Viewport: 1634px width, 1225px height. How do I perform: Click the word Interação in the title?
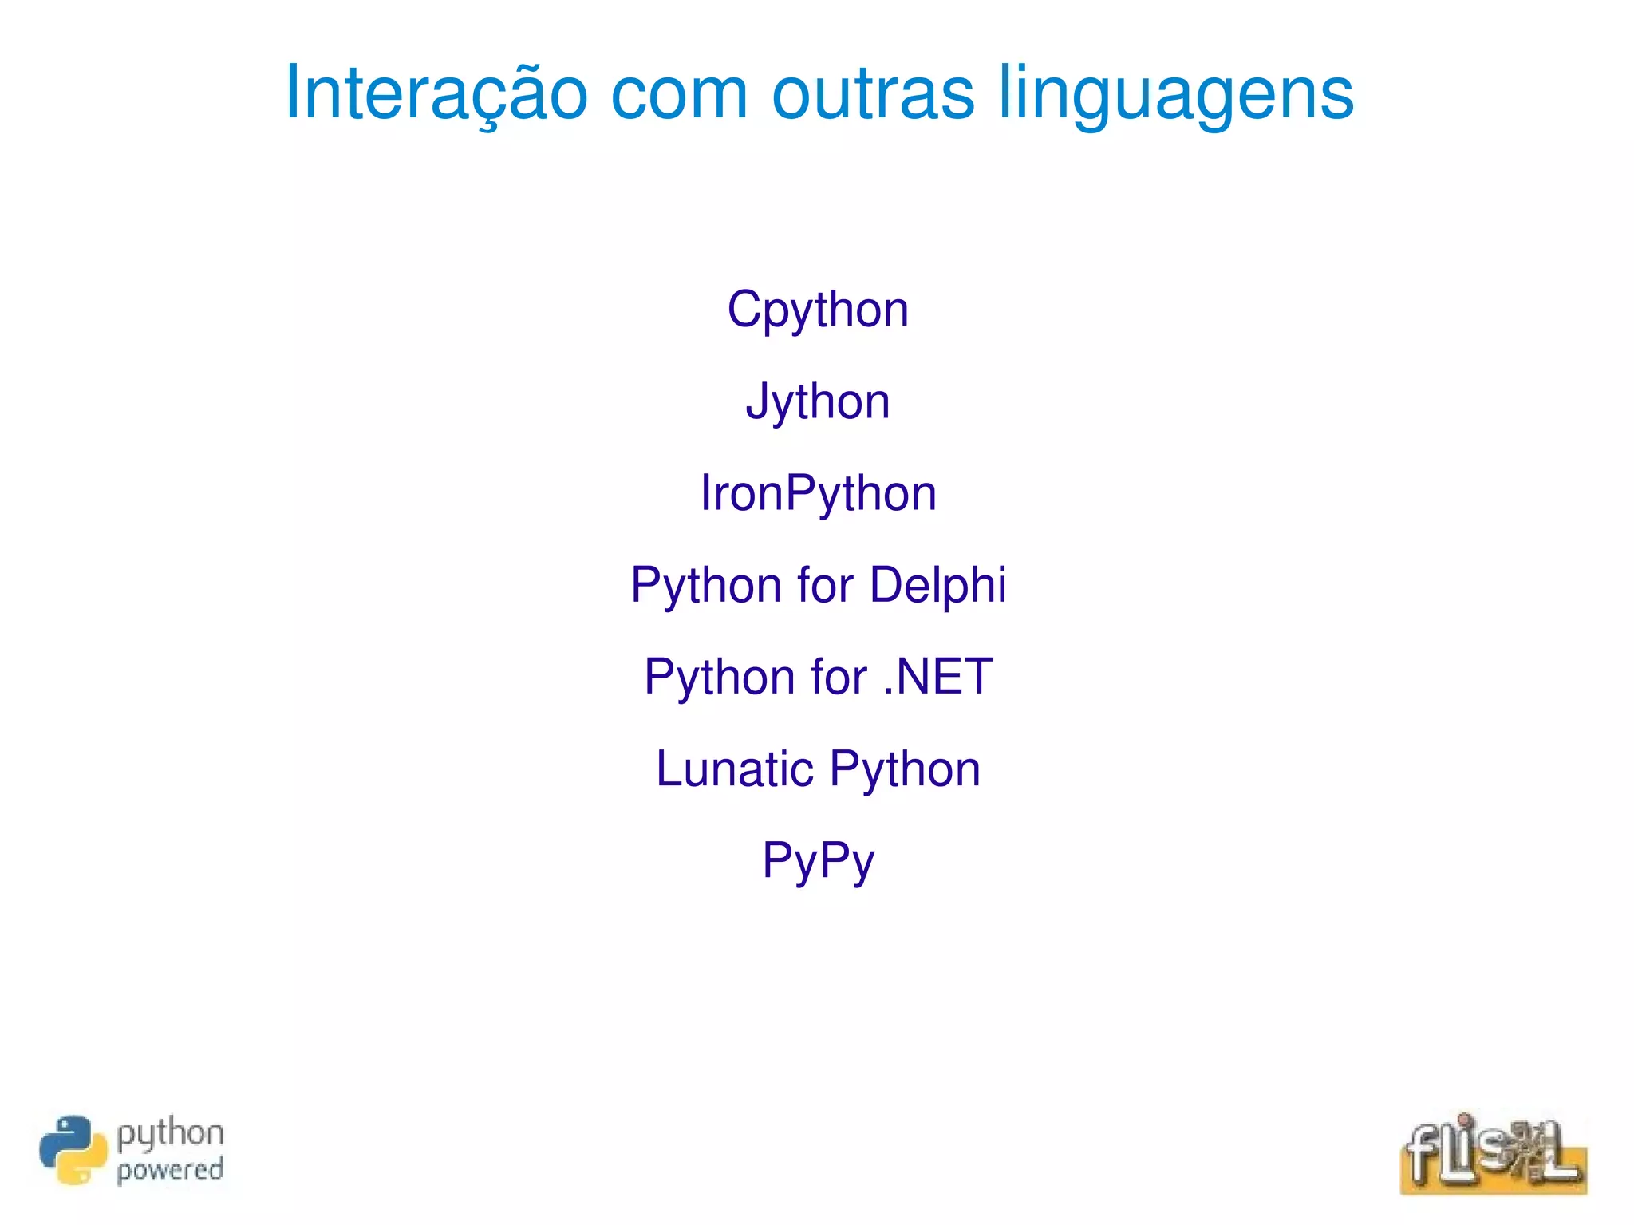tap(436, 94)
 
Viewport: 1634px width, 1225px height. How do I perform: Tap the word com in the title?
tap(679, 94)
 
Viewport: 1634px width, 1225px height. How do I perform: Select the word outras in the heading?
tap(873, 94)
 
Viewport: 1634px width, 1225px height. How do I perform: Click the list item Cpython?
tap(818, 310)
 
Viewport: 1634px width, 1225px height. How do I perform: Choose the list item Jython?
tap(818, 401)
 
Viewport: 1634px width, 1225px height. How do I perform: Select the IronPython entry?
tap(818, 493)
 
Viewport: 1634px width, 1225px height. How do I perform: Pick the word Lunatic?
tap(735, 769)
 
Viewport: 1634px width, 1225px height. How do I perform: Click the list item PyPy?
tap(818, 861)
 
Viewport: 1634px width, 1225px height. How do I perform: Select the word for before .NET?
tap(839, 677)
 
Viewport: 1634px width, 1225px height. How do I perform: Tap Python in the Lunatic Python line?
tap(905, 770)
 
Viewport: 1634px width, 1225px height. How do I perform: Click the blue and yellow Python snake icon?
tap(73, 1150)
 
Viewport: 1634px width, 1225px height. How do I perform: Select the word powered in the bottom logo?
tap(170, 1171)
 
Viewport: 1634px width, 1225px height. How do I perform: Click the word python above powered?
tap(170, 1134)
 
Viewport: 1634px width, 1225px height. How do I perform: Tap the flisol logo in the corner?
tap(1493, 1154)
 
